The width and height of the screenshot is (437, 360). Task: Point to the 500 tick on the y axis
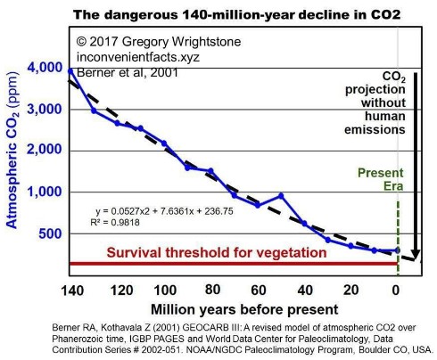point(49,233)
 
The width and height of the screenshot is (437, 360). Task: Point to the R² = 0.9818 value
point(112,225)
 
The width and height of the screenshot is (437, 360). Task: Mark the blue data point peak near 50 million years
point(281,195)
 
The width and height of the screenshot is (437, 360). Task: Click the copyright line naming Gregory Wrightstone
point(147,41)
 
